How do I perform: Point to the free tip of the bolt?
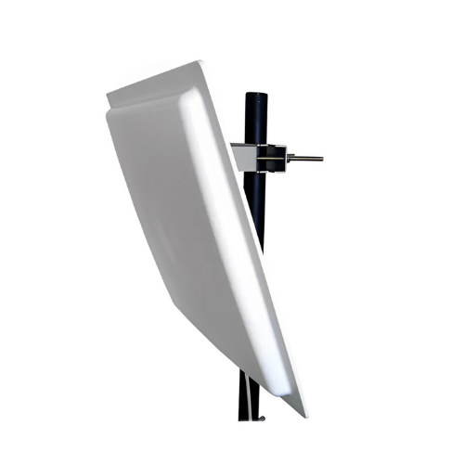[x=322, y=159]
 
